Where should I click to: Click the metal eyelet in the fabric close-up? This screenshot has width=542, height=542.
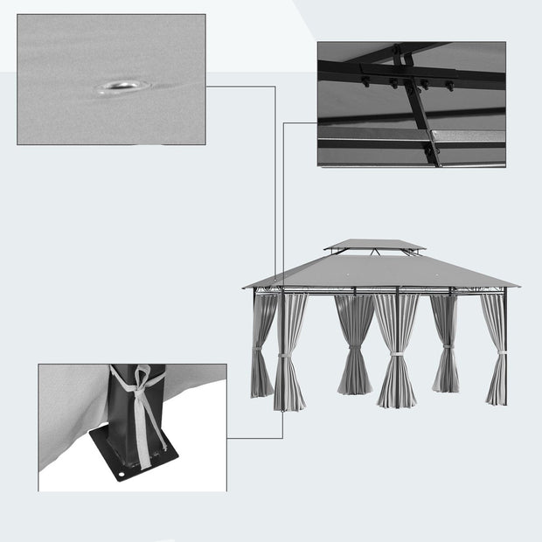coord(121,86)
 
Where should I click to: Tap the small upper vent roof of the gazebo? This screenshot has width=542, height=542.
coord(374,245)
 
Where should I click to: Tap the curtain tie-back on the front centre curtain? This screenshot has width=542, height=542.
coord(396,353)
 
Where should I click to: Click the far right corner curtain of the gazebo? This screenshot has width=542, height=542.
coord(497,350)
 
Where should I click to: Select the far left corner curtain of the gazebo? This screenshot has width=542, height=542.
coord(262,345)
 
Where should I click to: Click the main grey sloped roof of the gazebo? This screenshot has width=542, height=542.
coord(380,273)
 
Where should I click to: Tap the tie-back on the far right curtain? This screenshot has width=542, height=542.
coord(500,353)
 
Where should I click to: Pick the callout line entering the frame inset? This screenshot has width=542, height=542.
coord(302,122)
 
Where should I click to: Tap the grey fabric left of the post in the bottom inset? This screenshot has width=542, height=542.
coord(70,411)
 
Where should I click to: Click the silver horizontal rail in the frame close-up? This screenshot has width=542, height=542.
coord(376,135)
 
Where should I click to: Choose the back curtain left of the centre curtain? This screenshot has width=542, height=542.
coord(355,345)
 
